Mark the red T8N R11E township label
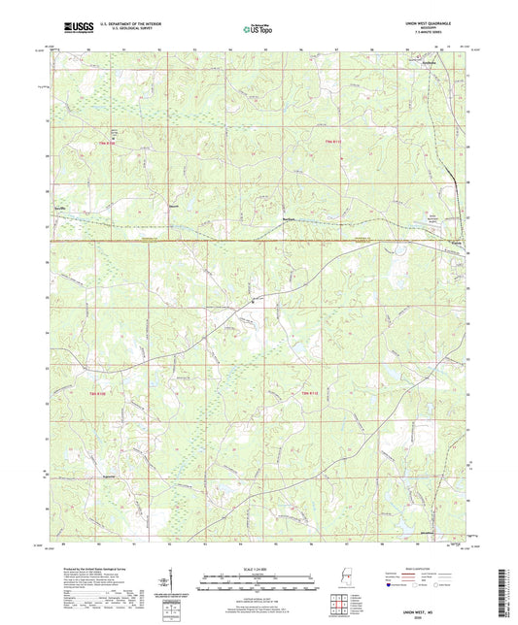pos(309,392)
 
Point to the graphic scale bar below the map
pos(258,580)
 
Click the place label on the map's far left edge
pos(61,208)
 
